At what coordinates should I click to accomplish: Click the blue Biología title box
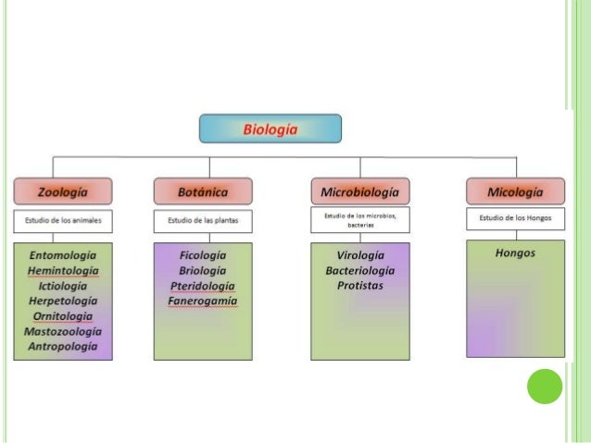pos(270,129)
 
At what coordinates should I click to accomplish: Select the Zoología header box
pos(63,191)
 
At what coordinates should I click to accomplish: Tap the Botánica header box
pos(203,191)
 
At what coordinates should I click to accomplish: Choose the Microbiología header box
pos(359,191)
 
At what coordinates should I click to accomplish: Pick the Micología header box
pos(515,191)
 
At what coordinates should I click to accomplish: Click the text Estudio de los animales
pos(63,221)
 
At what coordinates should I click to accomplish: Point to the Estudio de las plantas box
pos(203,221)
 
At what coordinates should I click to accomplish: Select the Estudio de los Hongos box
pos(515,218)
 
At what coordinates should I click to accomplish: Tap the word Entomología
pos(63,254)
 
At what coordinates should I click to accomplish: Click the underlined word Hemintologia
pos(63,270)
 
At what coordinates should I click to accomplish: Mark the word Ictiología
pos(63,286)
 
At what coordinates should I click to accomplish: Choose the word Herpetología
pos(63,301)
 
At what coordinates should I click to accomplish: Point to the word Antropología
pos(63,346)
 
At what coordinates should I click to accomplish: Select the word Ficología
pos(203,254)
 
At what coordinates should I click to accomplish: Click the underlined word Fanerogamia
pos(203,301)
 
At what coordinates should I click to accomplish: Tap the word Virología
pos(359,254)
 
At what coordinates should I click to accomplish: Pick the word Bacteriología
pos(359,270)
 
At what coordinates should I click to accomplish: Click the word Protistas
pos(359,286)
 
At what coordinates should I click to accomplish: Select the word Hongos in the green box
pos(515,252)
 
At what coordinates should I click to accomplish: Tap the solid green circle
pos(545,386)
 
